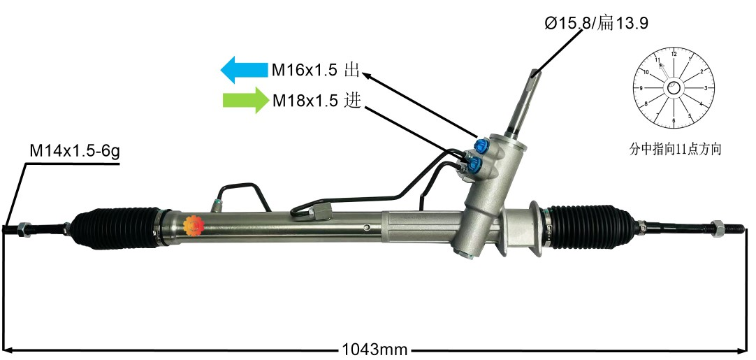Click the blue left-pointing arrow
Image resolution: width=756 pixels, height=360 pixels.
tap(244, 70)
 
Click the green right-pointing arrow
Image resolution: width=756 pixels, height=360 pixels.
tap(245, 101)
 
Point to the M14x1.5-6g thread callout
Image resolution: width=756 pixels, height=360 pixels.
tap(75, 151)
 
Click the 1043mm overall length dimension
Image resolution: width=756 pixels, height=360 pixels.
tap(375, 349)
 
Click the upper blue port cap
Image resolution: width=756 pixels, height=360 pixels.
tap(481, 145)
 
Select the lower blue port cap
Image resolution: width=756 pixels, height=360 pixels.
tap(474, 164)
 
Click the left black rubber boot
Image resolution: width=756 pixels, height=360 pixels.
tap(117, 229)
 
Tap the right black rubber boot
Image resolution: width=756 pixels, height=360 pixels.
tap(591, 226)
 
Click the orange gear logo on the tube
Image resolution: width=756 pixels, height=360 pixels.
tap(194, 225)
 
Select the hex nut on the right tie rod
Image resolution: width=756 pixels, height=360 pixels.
tap(718, 228)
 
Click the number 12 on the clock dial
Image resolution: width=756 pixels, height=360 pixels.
tap(674, 54)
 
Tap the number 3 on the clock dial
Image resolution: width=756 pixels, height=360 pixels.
tap(706, 88)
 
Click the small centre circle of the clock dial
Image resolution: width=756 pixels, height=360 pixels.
tap(674, 88)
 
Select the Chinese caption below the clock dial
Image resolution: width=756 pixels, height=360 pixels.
tap(675, 149)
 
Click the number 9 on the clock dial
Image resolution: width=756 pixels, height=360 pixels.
tap(641, 88)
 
